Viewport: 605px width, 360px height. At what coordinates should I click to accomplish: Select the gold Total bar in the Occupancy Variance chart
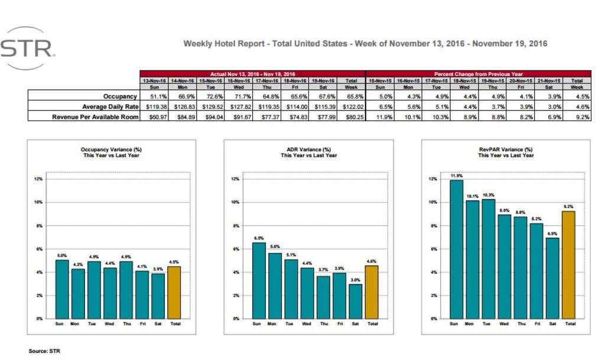pos(174,292)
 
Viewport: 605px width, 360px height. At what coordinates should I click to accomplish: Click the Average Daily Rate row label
pos(110,106)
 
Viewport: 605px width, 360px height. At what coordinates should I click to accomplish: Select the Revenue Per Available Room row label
pos(95,117)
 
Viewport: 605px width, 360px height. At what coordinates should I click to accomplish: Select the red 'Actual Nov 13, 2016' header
pos(252,74)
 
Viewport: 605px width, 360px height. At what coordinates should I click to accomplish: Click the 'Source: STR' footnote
pos(44,351)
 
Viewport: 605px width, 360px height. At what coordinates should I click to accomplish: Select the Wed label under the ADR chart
pos(306,325)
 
